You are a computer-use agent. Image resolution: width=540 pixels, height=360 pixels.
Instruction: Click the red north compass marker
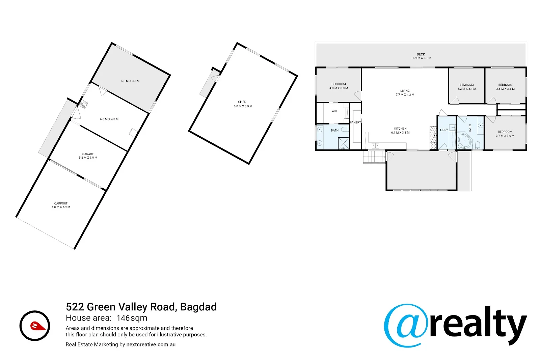click(35, 326)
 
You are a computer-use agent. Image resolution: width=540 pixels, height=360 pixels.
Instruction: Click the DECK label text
click(421, 54)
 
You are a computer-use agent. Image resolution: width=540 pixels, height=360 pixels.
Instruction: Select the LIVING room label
click(405, 91)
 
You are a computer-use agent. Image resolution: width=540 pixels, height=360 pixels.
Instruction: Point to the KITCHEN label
click(400, 129)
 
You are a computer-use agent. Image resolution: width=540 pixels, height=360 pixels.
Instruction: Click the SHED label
click(242, 102)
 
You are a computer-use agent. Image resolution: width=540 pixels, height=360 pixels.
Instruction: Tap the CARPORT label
click(61, 203)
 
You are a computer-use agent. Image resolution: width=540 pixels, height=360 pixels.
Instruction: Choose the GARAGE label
click(88, 154)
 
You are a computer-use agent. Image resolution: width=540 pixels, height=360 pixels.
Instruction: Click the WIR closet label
click(334, 111)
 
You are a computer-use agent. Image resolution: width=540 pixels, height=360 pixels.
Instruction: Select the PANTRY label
click(355, 122)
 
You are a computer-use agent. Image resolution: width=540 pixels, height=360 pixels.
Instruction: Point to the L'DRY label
click(444, 130)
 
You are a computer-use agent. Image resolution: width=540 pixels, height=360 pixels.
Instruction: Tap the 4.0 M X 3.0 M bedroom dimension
click(339, 88)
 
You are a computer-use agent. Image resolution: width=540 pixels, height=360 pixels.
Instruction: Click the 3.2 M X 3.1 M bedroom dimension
click(467, 89)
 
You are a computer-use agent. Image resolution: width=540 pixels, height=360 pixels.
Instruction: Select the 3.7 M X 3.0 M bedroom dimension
click(505, 136)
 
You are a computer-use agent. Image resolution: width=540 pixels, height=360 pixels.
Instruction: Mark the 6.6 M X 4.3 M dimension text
click(109, 119)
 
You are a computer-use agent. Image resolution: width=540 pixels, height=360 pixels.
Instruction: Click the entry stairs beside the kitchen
click(374, 157)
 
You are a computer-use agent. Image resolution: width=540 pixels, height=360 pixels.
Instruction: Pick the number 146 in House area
click(123, 318)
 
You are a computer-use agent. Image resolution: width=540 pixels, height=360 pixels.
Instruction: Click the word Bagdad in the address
click(198, 307)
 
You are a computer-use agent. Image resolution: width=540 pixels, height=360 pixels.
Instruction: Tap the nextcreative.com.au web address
click(151, 344)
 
